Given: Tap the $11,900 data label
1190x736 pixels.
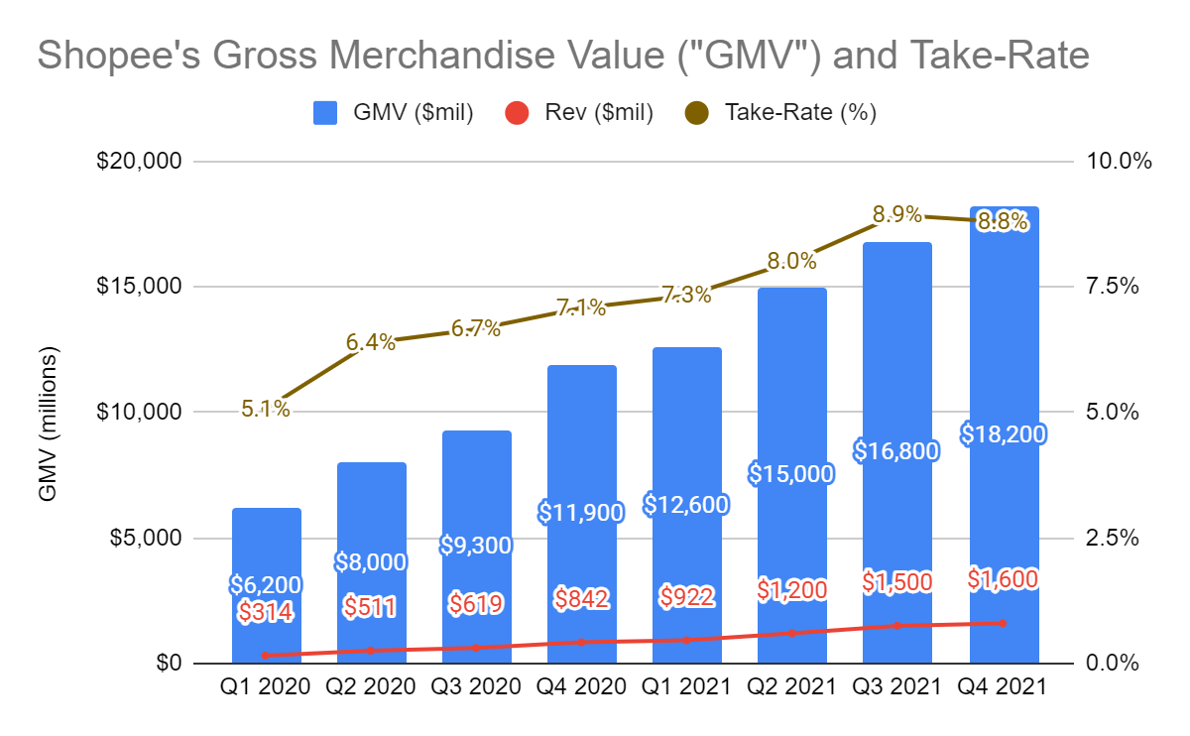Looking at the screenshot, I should point(581,513).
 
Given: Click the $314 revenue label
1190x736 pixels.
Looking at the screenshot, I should point(266,612).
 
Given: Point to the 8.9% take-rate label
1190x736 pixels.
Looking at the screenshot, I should point(897,213).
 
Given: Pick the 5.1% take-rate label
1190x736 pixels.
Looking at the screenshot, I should point(266,408).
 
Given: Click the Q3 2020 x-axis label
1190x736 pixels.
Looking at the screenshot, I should point(476,686).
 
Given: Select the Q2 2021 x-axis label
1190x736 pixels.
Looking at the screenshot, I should point(791,686).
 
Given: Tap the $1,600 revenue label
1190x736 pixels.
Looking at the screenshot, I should point(1004,579).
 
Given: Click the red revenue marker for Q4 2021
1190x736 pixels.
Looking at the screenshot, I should point(1004,623).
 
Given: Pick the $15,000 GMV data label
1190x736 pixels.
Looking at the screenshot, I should point(791,474).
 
